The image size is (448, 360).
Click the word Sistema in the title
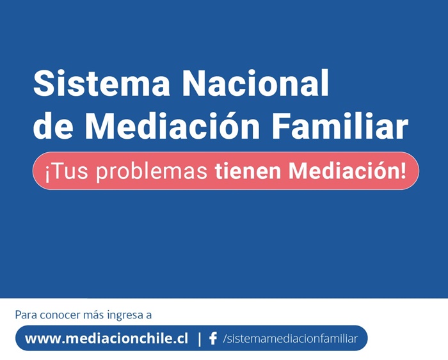pyautogui.click(x=102, y=82)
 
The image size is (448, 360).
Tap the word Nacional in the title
pyautogui.click(x=256, y=82)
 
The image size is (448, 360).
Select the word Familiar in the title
pyautogui.click(x=340, y=125)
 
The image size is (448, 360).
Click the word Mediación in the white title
pyautogui.click(x=172, y=125)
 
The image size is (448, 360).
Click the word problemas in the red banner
pyautogui.click(x=152, y=172)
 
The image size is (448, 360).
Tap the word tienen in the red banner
pyautogui.click(x=248, y=171)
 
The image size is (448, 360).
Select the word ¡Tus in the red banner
pyautogui.click(x=67, y=171)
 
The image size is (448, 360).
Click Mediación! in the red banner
pyautogui.click(x=347, y=171)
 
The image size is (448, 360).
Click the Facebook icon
pyautogui.click(x=213, y=339)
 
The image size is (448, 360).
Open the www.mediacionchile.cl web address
pyautogui.click(x=107, y=339)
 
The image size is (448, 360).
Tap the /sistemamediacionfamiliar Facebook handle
pyautogui.click(x=291, y=339)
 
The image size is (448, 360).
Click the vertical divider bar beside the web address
pyautogui.click(x=200, y=339)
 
